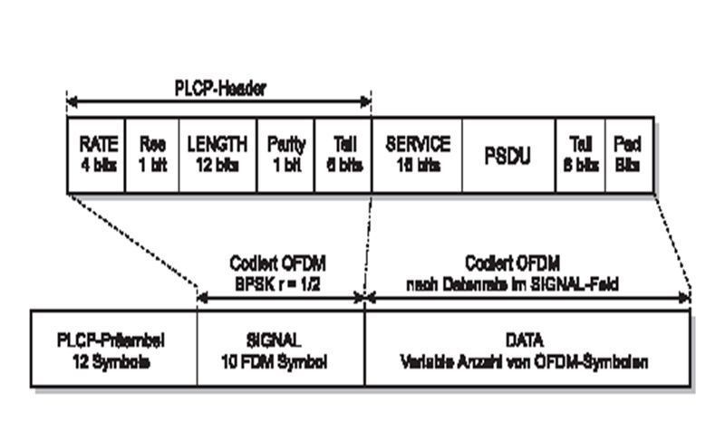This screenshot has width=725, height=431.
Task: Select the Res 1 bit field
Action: tap(152, 154)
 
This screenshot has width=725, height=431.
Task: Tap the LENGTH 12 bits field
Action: tap(217, 154)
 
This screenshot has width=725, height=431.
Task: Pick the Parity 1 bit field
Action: tap(286, 154)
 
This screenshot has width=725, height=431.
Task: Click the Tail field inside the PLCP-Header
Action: tap(343, 154)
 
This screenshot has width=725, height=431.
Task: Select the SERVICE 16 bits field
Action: tap(417, 154)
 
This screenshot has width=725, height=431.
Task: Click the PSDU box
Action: tap(508, 154)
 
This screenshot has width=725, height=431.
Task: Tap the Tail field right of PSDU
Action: tap(580, 154)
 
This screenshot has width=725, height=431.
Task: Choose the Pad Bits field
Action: tap(629, 154)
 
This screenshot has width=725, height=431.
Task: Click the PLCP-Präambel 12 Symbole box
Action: tap(113, 350)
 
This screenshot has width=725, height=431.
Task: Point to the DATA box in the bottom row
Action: tap(527, 350)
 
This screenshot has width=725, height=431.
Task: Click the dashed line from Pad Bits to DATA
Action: tap(672, 244)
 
